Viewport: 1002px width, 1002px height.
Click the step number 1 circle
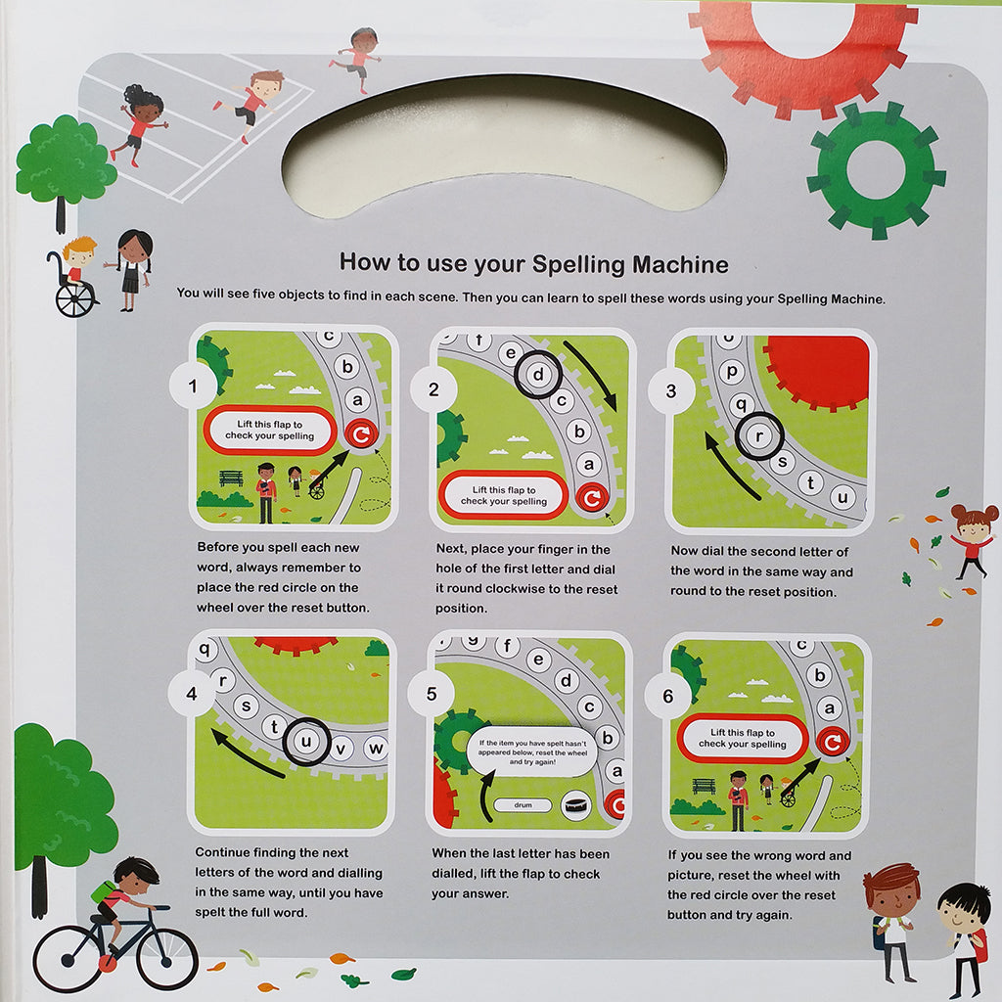coord(194,387)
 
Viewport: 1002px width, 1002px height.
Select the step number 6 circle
coord(668,697)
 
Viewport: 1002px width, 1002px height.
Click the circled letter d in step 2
coord(537,374)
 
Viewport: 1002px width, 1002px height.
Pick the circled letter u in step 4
coord(306,741)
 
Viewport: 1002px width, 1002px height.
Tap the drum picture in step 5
coord(576,802)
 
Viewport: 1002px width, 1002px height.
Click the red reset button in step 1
coord(361,434)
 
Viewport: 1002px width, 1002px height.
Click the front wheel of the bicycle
coord(166,959)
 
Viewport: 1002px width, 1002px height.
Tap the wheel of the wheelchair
coord(75,297)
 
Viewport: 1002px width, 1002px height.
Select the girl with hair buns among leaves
coord(971,541)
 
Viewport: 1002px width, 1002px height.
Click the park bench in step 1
coord(232,478)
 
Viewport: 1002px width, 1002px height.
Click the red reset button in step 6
coord(833,743)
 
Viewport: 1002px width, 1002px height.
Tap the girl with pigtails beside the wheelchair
coord(132,269)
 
